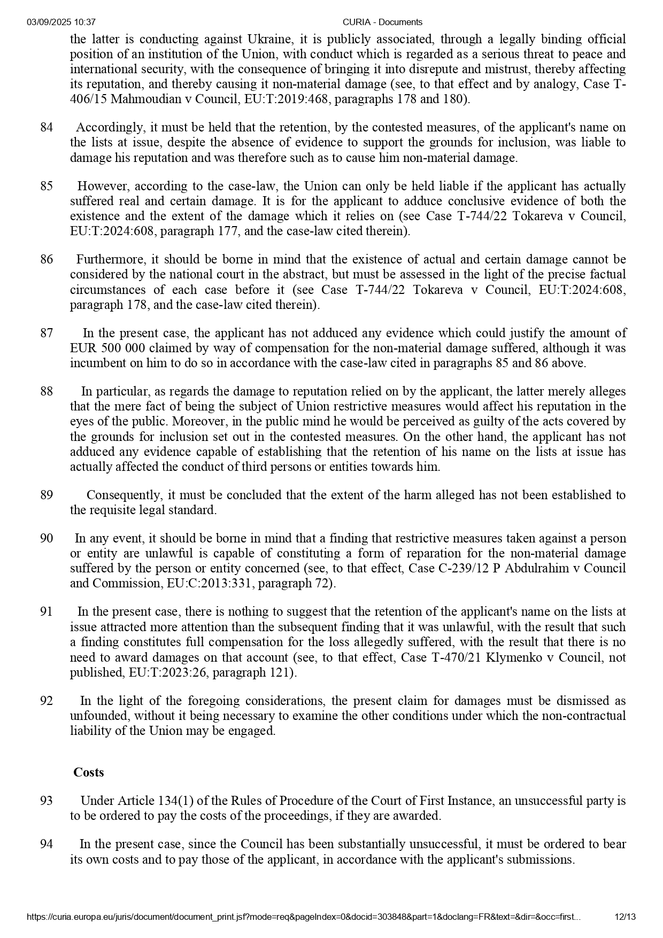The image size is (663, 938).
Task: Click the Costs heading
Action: pos(89,772)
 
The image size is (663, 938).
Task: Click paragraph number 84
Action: pos(47,128)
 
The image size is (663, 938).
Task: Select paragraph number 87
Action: pos(47,333)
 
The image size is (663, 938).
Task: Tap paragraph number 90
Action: pos(47,538)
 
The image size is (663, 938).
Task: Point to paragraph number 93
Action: pos(47,801)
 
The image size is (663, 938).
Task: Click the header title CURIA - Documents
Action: pos(382,22)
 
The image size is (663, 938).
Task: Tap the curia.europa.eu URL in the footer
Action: pos(303,917)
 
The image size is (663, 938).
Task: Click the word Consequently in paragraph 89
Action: pos(124,495)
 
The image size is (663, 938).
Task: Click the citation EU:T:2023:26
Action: pos(168,672)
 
